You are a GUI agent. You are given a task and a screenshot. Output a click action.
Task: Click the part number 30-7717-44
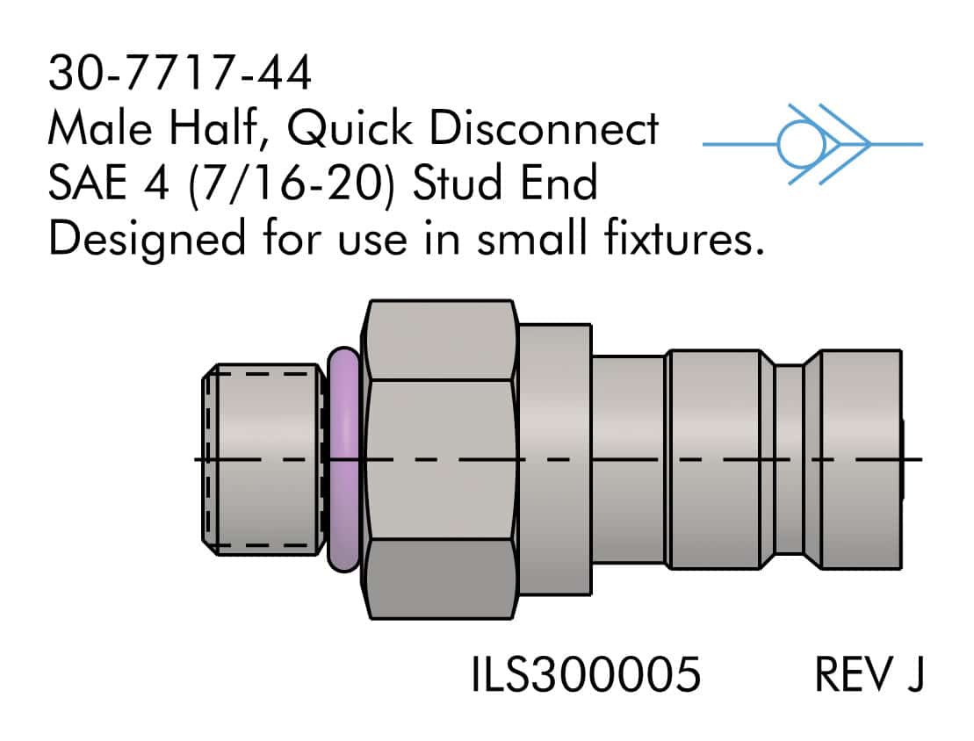click(179, 75)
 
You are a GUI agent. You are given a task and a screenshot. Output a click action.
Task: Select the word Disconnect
click(545, 130)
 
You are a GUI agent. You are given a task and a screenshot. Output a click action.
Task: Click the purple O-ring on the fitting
click(343, 459)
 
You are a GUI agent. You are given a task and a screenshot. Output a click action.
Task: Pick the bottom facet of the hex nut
click(441, 579)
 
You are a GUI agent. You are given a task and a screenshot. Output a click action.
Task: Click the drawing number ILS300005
click(586, 675)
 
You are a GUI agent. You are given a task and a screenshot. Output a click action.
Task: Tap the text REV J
click(869, 675)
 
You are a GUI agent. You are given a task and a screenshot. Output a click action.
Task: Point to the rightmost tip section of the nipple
click(856, 459)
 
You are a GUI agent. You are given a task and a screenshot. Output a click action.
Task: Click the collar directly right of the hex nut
click(554, 459)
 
